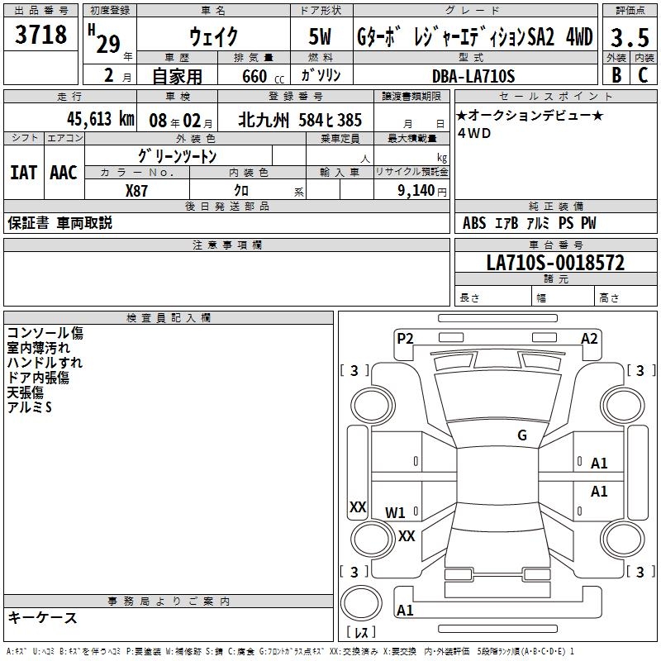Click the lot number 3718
click(x=41, y=36)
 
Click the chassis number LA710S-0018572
click(x=555, y=263)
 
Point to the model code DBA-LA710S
click(x=473, y=76)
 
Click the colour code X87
click(x=138, y=191)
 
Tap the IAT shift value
click(x=24, y=172)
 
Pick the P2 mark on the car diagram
click(x=405, y=338)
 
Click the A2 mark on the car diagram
click(x=589, y=338)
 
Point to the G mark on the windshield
click(x=522, y=435)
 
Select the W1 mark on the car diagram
click(x=396, y=512)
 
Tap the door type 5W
click(x=321, y=37)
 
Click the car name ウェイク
click(x=213, y=37)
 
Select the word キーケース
click(x=42, y=617)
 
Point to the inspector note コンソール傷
click(x=45, y=334)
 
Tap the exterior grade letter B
click(x=616, y=75)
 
